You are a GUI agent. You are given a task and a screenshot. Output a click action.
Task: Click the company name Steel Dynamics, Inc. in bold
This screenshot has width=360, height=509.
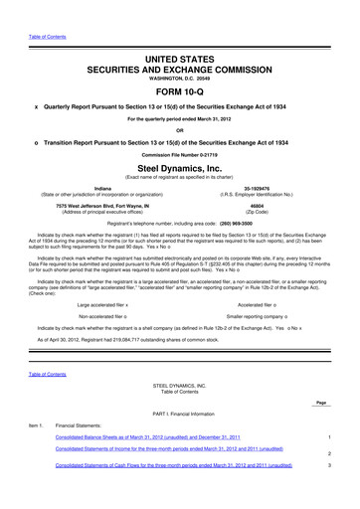coord(180,169)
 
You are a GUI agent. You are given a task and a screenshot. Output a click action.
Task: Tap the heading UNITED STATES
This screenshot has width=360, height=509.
coord(180,33)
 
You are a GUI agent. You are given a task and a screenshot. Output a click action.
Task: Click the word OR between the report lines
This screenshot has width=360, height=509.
coord(180,127)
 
